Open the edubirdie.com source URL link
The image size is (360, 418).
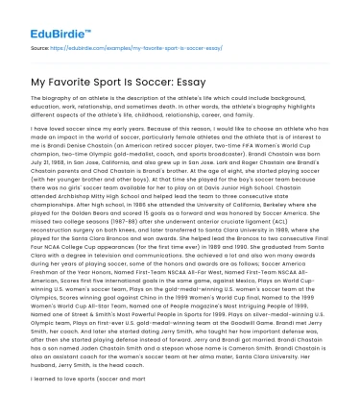[x=111, y=45]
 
